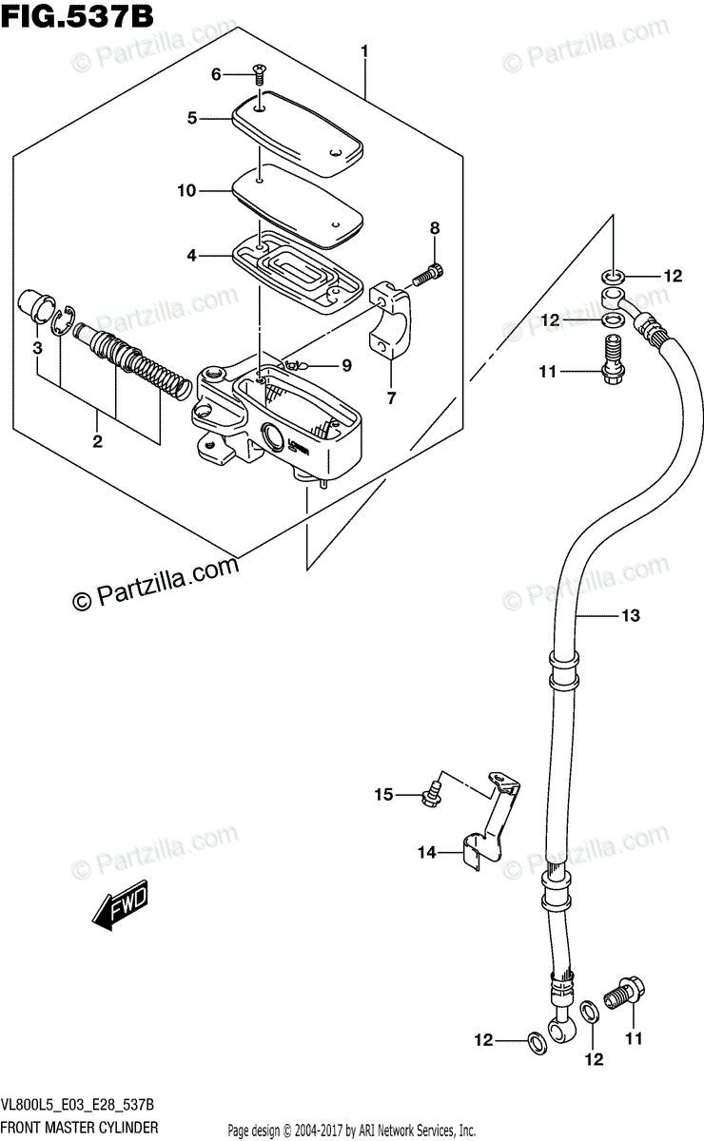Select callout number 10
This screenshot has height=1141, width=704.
click(186, 191)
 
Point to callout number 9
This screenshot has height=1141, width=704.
click(346, 365)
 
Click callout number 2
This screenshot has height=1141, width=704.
click(97, 441)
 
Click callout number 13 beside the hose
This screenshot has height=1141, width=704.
click(630, 615)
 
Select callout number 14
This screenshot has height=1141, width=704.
click(427, 852)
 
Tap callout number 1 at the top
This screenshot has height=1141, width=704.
click(364, 51)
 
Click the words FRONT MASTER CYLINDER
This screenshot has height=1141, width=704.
click(81, 1127)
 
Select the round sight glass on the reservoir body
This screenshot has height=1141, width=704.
click(271, 435)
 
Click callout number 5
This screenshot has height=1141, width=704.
click(191, 118)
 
